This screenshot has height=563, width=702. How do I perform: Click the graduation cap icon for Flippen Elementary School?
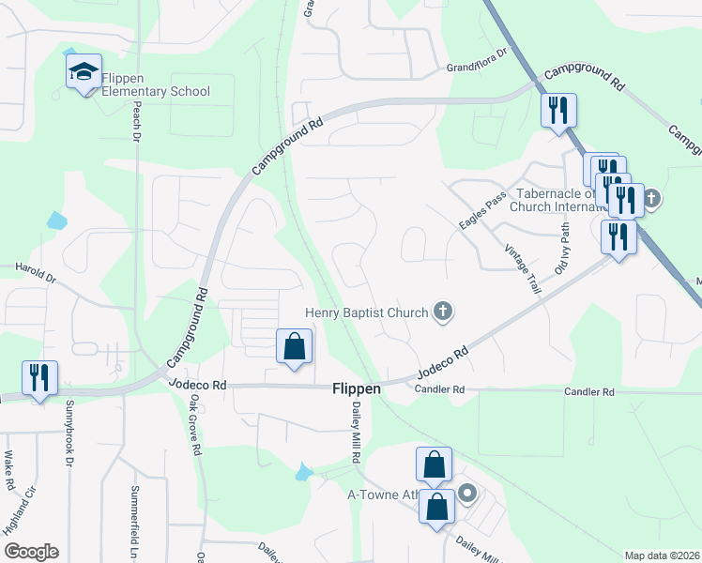84,71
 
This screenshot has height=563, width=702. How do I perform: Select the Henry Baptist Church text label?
367,312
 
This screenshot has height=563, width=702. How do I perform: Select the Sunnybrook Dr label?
69,433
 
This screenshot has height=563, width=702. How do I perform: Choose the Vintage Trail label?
523,270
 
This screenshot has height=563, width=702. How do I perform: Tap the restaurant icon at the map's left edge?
39,377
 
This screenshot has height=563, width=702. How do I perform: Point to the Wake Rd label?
8,470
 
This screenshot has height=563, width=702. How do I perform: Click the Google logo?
31,552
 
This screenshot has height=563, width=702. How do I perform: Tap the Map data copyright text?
663,555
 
